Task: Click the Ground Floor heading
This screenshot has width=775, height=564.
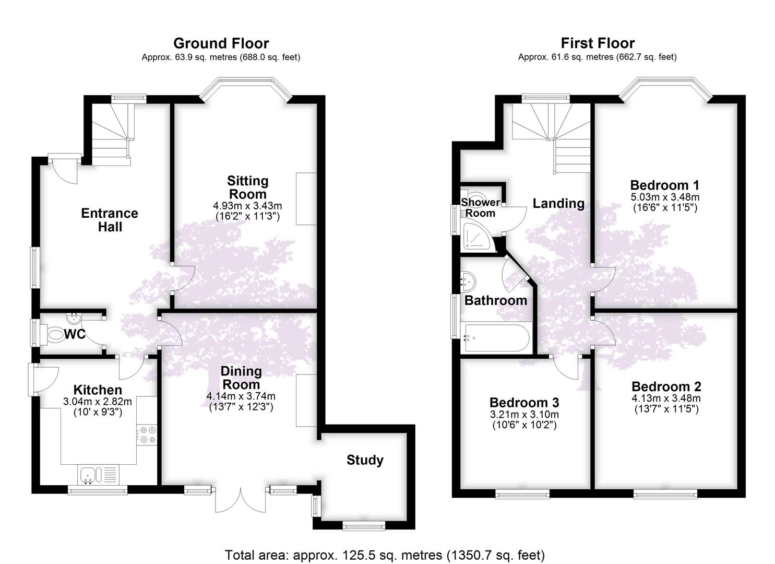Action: [x=221, y=44]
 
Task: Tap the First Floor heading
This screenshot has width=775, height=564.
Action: [x=598, y=44]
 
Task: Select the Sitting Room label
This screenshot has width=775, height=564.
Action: [x=248, y=187]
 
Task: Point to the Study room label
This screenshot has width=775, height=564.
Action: [x=365, y=460]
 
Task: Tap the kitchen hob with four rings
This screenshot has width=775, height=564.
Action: [x=147, y=435]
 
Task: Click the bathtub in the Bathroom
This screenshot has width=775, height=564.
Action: [x=495, y=337]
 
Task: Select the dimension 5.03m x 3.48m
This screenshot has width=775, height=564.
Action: [x=665, y=197]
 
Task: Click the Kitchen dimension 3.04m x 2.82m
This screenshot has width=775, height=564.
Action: [x=98, y=402]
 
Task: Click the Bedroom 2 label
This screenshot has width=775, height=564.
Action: [x=666, y=386]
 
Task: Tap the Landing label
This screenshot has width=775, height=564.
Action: [x=558, y=204]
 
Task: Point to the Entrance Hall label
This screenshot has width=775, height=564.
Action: [x=110, y=220]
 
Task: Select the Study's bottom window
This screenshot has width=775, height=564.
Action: [x=364, y=526]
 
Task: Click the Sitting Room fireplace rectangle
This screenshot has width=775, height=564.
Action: [x=306, y=199]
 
